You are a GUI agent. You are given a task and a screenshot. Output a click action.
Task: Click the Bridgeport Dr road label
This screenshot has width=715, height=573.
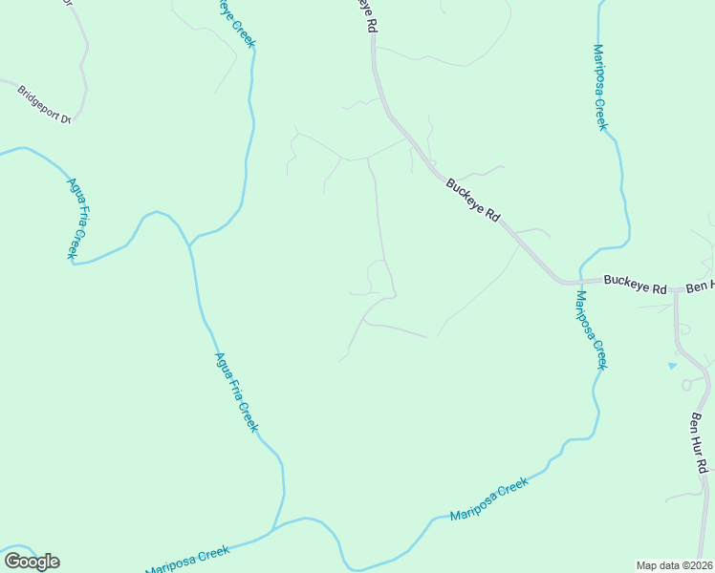(45, 105)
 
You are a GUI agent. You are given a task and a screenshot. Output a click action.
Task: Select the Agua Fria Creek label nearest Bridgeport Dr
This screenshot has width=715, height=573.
(77, 218)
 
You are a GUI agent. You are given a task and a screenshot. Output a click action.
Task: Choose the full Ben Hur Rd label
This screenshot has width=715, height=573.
(700, 442)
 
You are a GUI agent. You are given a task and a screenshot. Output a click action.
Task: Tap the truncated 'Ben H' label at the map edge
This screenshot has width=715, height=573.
(700, 286)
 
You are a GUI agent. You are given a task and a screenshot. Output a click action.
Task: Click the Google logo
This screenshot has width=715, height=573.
(32, 562)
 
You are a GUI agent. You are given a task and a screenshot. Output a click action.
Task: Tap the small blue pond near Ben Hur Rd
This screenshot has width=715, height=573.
(672, 365)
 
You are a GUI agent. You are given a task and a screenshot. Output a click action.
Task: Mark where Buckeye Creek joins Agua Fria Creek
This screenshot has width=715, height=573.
(190, 245)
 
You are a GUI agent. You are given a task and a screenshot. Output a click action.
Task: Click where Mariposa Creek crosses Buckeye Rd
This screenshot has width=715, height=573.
(579, 283)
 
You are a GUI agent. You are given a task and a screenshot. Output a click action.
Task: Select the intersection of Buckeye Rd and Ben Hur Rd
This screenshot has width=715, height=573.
(675, 287)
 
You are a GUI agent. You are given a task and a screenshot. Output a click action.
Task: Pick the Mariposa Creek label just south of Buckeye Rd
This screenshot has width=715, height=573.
(591, 330)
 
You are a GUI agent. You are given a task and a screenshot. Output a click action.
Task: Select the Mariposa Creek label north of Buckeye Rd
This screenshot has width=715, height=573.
(600, 87)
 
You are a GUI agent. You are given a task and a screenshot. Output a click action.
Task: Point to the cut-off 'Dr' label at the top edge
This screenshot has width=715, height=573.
(68, 3)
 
